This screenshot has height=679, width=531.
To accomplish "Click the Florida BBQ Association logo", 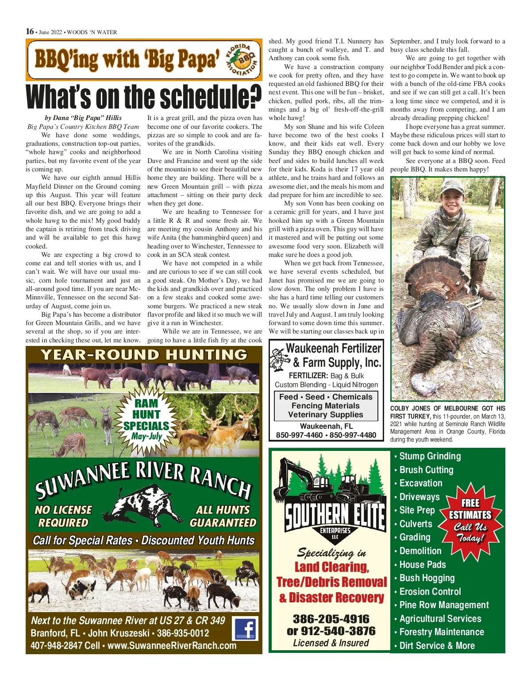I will tap(241, 59).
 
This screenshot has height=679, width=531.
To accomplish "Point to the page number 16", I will tap(30, 31).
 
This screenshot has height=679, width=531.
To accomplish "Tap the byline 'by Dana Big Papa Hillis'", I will tap(83, 118).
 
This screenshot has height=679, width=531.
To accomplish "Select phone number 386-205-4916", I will tap(331, 619).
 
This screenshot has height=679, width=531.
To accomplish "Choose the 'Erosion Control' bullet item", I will tap(430, 592).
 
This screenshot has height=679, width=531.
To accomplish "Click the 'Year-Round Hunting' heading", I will tap(144, 355).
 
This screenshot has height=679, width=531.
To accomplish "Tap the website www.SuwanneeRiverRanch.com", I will tap(172, 645).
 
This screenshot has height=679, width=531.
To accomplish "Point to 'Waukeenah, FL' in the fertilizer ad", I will tap(326, 426).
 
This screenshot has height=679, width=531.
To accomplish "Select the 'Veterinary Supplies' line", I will tap(326, 415).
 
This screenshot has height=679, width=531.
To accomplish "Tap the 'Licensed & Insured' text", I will tap(331, 643).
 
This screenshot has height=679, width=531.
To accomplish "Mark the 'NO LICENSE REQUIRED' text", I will tap(63, 516).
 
